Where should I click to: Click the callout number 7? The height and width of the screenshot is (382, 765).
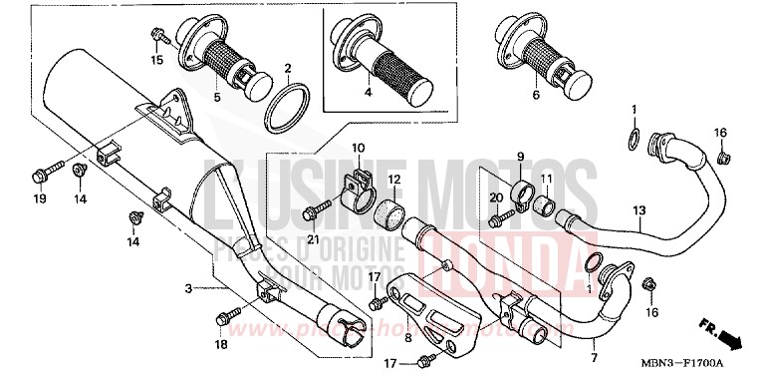coord(594,357)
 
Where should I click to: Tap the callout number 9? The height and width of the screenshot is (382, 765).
coord(519,157)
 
